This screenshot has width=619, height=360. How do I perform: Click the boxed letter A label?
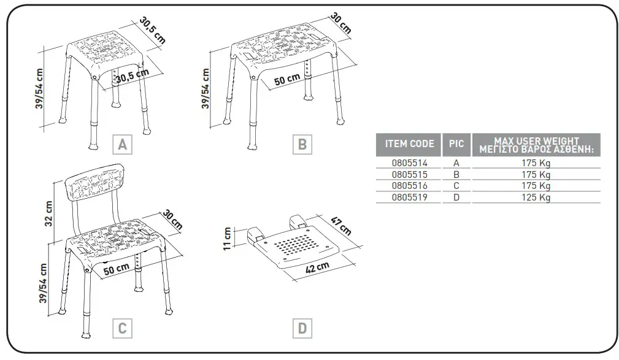[122, 145]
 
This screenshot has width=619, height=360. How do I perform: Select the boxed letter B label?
[302, 145]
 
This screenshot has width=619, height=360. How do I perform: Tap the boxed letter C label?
[122, 329]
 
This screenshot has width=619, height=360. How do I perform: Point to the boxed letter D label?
[302, 329]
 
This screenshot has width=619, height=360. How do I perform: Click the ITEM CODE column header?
[409, 144]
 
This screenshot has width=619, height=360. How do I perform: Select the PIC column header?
[456, 144]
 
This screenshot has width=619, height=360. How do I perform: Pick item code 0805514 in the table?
[409, 164]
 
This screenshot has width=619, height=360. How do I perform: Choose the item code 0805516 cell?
[409, 186]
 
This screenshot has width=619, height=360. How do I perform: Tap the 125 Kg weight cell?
[537, 197]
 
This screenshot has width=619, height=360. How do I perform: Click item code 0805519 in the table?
[409, 197]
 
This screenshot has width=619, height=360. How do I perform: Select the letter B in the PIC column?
[456, 175]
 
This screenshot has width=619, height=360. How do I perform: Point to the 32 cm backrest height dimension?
[50, 212]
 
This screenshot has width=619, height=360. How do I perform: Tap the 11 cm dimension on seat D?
[228, 239]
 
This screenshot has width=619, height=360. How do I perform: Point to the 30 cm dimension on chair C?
[172, 220]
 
